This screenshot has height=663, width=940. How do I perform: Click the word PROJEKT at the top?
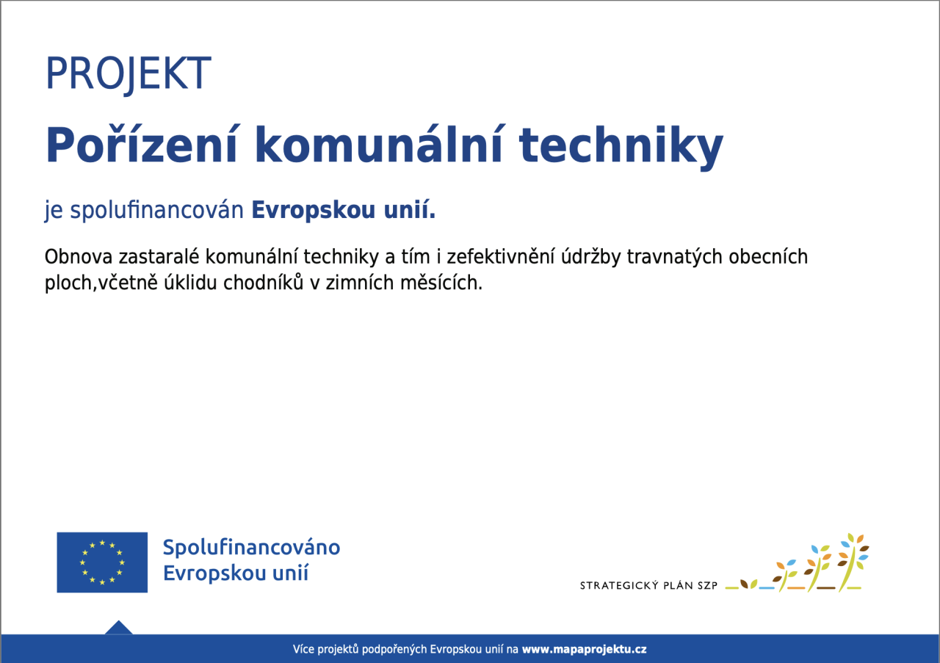pyautogui.click(x=129, y=74)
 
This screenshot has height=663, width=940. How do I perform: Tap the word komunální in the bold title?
pyautogui.click(x=378, y=145)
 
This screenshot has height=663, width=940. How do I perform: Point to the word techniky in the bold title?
pyautogui.click(x=621, y=147)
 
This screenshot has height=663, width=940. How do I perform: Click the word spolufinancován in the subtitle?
pyautogui.click(x=156, y=210)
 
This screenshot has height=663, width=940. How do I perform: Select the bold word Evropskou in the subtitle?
pyautogui.click(x=313, y=210)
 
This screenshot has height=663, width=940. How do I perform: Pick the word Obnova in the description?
pyautogui.click(x=79, y=256)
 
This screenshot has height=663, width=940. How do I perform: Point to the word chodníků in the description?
pyautogui.click(x=263, y=283)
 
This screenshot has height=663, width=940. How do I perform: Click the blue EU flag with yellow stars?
pyautogui.click(x=102, y=562)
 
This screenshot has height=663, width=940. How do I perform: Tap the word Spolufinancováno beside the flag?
pyautogui.click(x=251, y=548)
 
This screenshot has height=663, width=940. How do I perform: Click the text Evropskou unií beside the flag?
pyautogui.click(x=236, y=573)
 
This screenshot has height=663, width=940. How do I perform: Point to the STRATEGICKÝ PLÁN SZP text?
pyautogui.click(x=648, y=585)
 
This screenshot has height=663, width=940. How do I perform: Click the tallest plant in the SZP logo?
pyautogui.click(x=851, y=562)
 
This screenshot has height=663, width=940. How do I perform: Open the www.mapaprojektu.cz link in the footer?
pyautogui.click(x=584, y=650)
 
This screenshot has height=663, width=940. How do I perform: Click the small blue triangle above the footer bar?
pyautogui.click(x=119, y=628)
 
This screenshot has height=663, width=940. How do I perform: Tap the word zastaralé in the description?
pyautogui.click(x=159, y=256)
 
